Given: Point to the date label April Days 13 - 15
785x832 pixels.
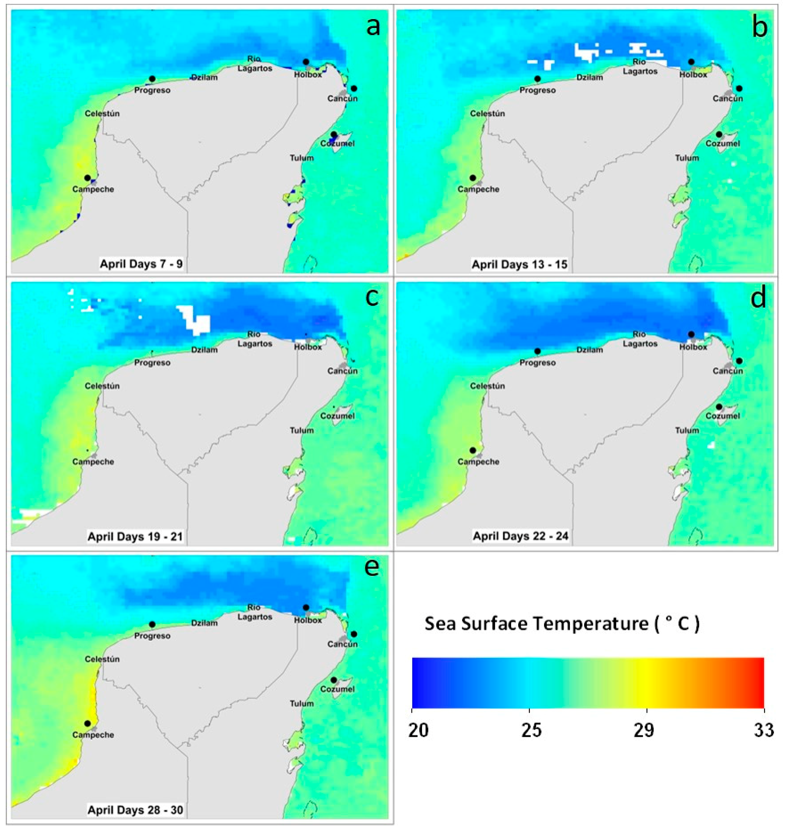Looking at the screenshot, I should point(519,265).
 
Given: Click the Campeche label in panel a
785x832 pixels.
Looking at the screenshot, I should point(93,189).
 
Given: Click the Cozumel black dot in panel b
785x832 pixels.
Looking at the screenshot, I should point(719,135).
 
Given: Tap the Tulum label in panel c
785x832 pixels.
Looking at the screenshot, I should point(301,430).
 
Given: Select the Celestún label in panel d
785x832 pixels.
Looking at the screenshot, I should point(487,386).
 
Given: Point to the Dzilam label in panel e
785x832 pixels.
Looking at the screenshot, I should point(204,623).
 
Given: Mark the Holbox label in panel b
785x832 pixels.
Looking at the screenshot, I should point(693,75).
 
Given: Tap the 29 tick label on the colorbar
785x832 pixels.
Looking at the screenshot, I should point(644,731).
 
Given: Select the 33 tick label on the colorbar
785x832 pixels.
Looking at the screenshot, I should point(764,731).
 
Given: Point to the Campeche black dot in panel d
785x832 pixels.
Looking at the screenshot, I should point(473,450).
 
